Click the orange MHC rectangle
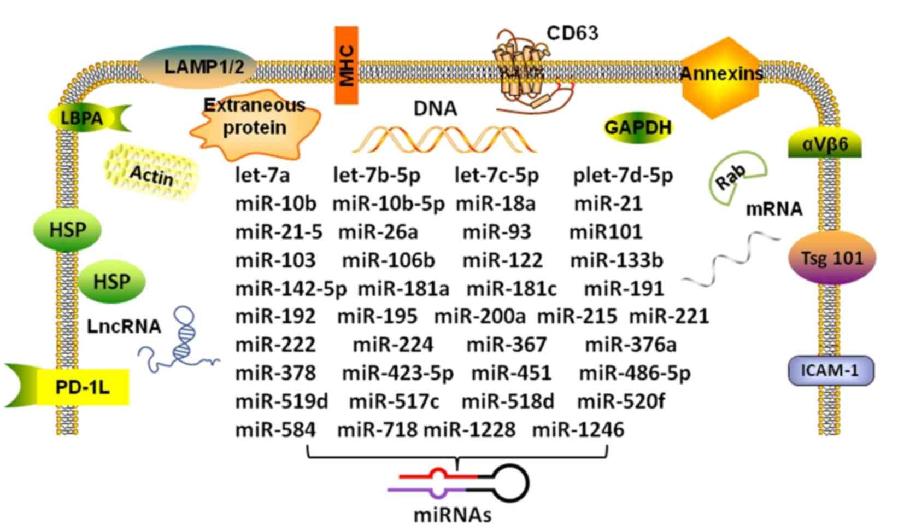(x=346, y=66)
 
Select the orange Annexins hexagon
(x=720, y=77)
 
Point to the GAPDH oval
(x=637, y=127)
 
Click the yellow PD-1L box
(x=82, y=387)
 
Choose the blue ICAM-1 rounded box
(x=830, y=371)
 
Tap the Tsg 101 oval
(x=831, y=258)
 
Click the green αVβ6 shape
(x=824, y=145)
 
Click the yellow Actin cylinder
(x=151, y=173)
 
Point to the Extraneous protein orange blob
(x=255, y=123)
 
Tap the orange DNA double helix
(x=444, y=140)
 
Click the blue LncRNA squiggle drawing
(x=183, y=342)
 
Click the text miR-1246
(x=578, y=430)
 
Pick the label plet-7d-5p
(x=623, y=176)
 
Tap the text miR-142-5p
(x=291, y=288)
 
